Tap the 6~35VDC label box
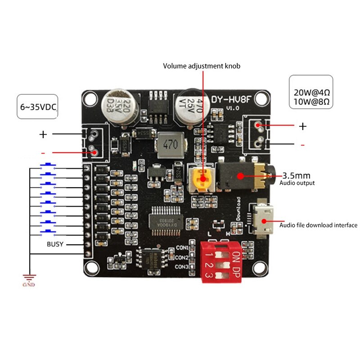coord(38,107)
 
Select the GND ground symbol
coord(29,280)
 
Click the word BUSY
coord(55,244)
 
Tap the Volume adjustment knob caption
coord(202,66)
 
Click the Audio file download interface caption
coord(319,225)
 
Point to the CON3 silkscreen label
coord(181,267)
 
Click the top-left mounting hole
coord(90,97)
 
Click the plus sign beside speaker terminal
coord(303,126)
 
